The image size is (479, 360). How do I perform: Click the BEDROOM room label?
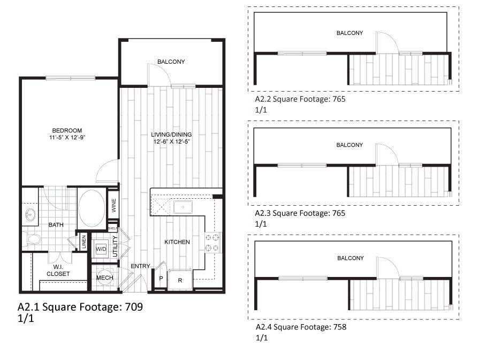pyautogui.click(x=67, y=131)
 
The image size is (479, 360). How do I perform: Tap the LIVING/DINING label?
pyautogui.click(x=171, y=134)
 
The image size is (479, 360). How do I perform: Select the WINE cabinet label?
pyautogui.click(x=113, y=204)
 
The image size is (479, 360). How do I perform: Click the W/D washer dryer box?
pyautogui.click(x=101, y=249)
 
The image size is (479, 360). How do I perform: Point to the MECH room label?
pyautogui.click(x=104, y=277)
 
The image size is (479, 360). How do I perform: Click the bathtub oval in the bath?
pyautogui.click(x=92, y=208)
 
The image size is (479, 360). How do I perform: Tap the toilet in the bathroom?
pyautogui.click(x=33, y=239)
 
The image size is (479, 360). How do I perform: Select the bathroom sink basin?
pyautogui.click(x=31, y=215)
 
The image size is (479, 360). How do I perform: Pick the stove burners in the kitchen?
pyautogui.click(x=212, y=242)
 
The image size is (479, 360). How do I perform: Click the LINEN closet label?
pyautogui.click(x=83, y=243)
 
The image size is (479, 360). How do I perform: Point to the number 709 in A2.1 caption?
pyautogui.click(x=134, y=307)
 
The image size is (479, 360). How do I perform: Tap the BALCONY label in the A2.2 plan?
pyautogui.click(x=349, y=33)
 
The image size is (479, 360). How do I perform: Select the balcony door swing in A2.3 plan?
pyautogui.click(x=386, y=153)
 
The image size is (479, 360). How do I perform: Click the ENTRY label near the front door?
pyautogui.click(x=140, y=266)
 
